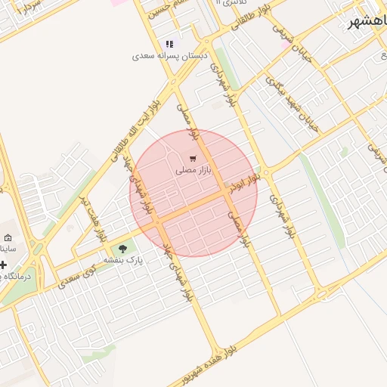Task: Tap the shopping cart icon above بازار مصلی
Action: point(193,159)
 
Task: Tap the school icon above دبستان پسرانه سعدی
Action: point(169,45)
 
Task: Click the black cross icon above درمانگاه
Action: point(4,265)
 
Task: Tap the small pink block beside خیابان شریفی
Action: point(284,45)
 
